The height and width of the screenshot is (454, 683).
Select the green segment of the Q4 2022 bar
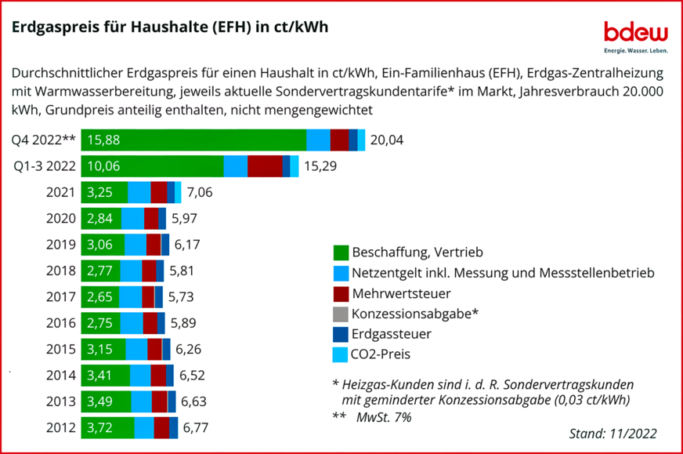[193, 140]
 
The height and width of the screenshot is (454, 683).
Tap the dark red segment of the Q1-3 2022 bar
[265, 166]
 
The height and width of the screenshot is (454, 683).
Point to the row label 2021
[61, 192]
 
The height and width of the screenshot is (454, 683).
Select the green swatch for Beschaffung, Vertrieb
[340, 252]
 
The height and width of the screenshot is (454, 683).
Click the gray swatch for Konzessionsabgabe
[340, 314]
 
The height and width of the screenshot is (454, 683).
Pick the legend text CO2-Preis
[381, 354]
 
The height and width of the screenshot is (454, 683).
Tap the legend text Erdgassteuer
[392, 334]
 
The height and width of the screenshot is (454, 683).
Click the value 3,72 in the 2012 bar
[100, 428]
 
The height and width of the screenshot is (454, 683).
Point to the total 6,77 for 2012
[197, 428]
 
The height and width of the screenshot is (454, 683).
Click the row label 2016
[61, 323]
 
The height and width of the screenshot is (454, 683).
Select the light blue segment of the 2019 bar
[136, 245]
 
